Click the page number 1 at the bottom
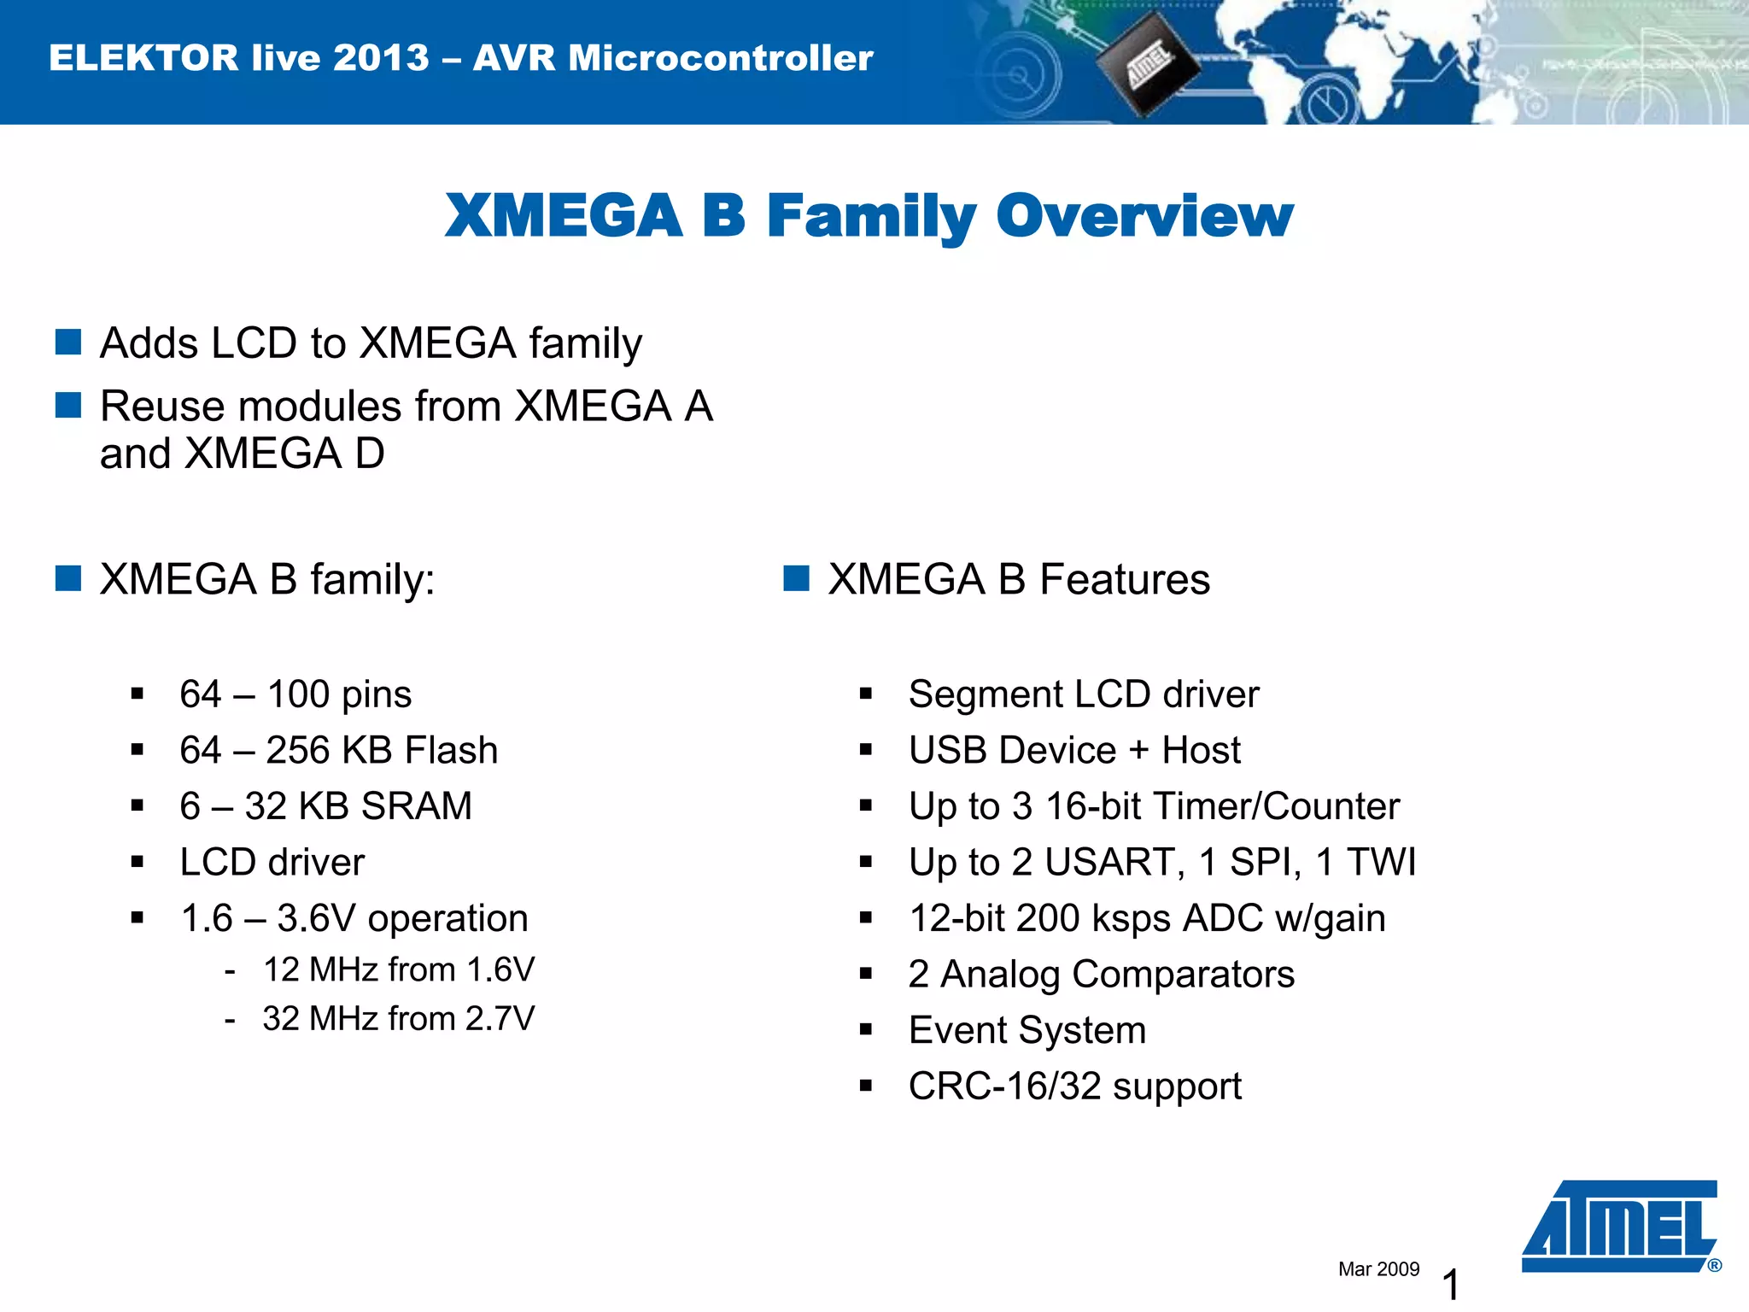(x=1450, y=1285)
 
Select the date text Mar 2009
(x=1378, y=1269)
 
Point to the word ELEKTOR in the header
(x=143, y=58)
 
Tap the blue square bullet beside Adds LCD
(x=68, y=342)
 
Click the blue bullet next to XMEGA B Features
(x=796, y=578)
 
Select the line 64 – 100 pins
(x=295, y=694)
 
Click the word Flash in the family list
(x=451, y=750)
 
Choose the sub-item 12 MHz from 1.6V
(x=398, y=969)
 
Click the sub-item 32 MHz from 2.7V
(x=398, y=1018)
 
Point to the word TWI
(x=1382, y=862)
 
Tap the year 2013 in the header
(x=381, y=58)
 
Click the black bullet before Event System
(x=866, y=1030)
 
